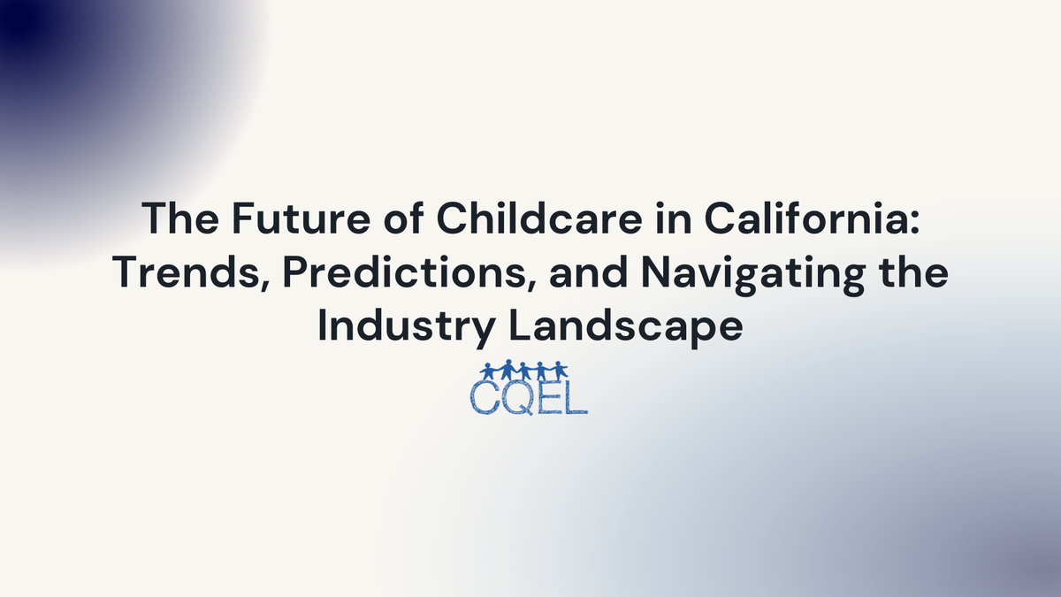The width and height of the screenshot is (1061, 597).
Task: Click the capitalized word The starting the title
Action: click(173, 218)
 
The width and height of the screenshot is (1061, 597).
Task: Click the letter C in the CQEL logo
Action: click(485, 397)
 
